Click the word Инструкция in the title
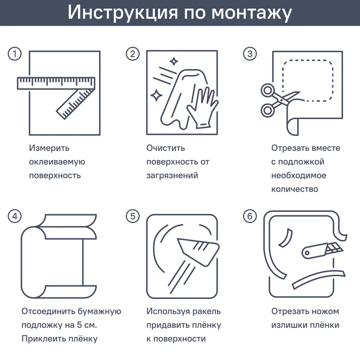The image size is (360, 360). point(122,13)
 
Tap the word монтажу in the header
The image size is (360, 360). point(252,13)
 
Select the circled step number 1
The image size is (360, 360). point(15,54)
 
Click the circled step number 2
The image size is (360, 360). point(132,54)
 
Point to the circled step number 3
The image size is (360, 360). point(250,54)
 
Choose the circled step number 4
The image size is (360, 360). point(15,216)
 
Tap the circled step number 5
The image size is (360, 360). point(132,216)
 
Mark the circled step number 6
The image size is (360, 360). point(250,216)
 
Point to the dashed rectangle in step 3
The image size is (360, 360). point(308,80)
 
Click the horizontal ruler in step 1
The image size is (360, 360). point(56,83)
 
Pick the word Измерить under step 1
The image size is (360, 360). point(49,148)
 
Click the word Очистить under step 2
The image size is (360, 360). point(166,148)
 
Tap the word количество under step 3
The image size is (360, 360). point(294,189)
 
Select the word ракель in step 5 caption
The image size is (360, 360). point(207,311)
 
